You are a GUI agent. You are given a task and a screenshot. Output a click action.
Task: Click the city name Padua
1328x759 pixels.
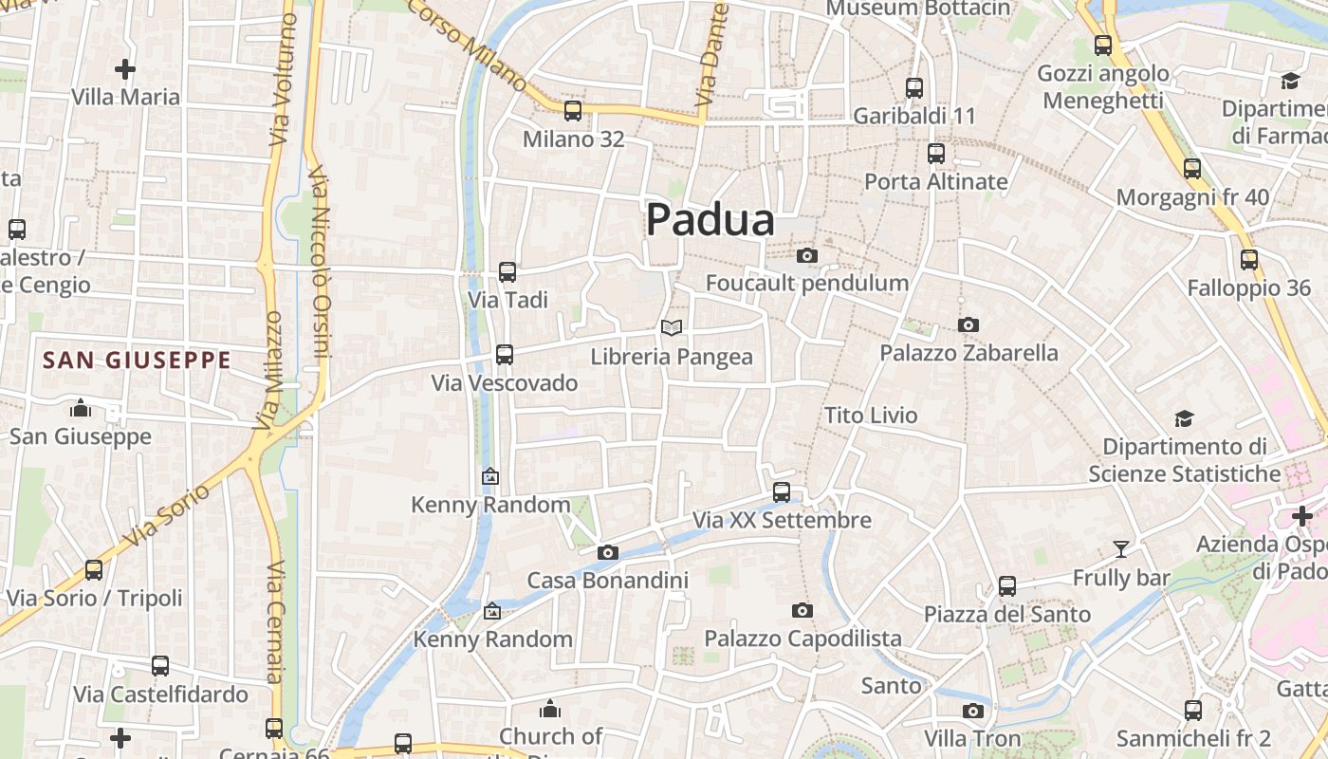click(x=710, y=220)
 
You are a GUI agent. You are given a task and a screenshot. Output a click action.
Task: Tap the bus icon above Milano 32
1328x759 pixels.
click(x=573, y=111)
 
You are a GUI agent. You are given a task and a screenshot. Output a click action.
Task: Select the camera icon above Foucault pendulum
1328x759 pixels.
click(x=807, y=255)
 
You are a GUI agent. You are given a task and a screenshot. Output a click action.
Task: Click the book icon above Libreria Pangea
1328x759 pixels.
click(x=672, y=327)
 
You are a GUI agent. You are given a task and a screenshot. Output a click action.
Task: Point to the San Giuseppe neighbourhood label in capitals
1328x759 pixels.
click(x=138, y=361)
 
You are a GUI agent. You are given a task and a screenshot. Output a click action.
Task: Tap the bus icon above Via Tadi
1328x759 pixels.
click(x=507, y=272)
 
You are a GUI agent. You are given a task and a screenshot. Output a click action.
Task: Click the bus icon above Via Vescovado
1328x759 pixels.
click(x=505, y=355)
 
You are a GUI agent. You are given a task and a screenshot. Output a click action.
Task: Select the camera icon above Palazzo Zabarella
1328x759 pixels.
click(x=968, y=324)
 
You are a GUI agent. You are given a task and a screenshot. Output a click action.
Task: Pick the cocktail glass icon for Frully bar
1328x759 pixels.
click(x=1121, y=548)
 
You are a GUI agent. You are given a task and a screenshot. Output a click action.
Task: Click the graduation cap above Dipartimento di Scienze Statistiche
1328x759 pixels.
click(x=1184, y=418)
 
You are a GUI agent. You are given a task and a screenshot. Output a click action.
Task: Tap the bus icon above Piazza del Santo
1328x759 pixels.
click(x=1007, y=586)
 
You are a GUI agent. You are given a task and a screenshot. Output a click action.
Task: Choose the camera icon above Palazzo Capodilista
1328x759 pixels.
click(x=802, y=610)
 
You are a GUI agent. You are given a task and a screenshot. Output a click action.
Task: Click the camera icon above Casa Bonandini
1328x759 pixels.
click(x=608, y=552)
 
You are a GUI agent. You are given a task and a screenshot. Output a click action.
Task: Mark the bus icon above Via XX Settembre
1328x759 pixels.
click(x=782, y=492)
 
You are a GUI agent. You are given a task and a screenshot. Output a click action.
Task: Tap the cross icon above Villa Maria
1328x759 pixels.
click(x=125, y=69)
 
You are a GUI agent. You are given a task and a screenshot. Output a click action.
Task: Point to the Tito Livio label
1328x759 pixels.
click(x=871, y=416)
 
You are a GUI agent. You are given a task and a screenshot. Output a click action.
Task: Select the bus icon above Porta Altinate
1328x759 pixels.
click(x=936, y=153)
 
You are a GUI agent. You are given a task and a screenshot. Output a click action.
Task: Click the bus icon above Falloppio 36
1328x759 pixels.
click(x=1249, y=260)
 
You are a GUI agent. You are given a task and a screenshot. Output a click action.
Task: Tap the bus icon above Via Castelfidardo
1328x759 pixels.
click(x=160, y=666)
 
